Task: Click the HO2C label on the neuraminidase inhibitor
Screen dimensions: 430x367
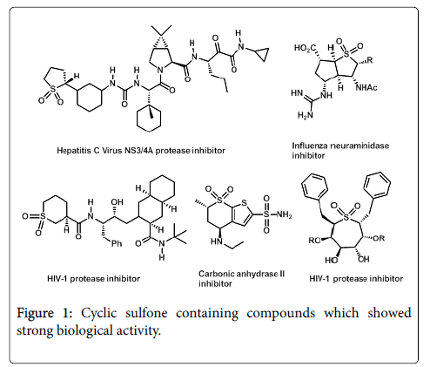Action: [306, 48]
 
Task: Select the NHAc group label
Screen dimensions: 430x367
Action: [366, 87]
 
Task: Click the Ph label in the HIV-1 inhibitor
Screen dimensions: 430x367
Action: [117, 243]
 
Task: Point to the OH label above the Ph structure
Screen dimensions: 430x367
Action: [117, 201]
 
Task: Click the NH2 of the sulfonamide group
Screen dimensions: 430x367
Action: [284, 215]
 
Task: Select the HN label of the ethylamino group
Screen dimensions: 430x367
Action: [217, 241]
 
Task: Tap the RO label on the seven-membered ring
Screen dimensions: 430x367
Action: [314, 241]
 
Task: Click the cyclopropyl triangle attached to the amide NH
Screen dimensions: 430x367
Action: [263, 54]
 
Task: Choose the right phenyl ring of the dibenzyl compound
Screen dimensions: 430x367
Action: [377, 185]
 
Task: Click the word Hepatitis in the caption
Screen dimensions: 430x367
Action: [71, 151]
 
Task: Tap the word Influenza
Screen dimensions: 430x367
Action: [308, 146]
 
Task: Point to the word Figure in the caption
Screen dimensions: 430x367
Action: [35, 314]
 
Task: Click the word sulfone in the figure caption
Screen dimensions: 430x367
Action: [146, 313]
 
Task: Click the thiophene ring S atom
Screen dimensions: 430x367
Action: [244, 202]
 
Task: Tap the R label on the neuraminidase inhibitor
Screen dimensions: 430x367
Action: [370, 60]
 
